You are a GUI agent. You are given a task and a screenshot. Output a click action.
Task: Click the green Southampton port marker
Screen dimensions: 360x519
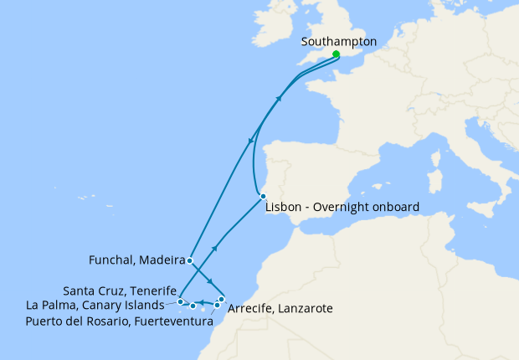(336, 54)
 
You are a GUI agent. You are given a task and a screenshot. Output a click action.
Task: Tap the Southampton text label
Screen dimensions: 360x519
(339, 41)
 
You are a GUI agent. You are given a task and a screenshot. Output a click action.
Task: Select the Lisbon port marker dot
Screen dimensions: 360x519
(263, 197)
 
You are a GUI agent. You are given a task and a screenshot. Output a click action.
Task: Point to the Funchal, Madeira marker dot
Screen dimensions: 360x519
(190, 260)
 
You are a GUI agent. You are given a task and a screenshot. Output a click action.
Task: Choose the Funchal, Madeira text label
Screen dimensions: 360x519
(136, 260)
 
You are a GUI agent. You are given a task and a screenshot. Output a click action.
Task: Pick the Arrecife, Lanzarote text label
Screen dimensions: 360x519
(280, 309)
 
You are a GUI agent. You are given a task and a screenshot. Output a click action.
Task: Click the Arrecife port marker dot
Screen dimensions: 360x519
(221, 299)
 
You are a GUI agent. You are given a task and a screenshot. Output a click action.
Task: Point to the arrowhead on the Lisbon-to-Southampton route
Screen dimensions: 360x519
(278, 98)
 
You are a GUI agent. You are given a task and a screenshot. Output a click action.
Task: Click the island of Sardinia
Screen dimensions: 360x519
(434, 182)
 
